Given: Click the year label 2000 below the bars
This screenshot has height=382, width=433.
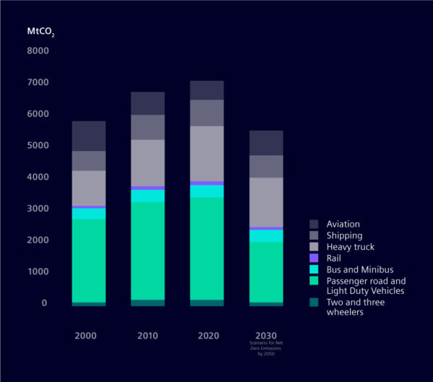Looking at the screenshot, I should pos(89,337).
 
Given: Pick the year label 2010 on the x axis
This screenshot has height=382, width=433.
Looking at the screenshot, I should pos(148,337).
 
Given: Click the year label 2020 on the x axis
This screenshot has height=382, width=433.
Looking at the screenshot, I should pos(206,337).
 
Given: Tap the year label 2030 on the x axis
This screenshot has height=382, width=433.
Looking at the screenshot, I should pos(266,337).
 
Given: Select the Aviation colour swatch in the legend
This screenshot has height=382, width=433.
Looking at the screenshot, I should pos(314,225).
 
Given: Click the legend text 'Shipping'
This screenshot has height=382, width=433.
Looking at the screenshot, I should pos(344,235).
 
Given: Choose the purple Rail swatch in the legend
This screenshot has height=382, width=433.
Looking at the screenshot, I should pos(314,257).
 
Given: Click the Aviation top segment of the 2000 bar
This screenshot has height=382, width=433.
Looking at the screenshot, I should pos(89,136).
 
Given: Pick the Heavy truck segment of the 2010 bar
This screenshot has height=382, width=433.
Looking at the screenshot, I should pos(148,162).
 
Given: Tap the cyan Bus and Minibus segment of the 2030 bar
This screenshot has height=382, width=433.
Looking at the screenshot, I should pos(266,235).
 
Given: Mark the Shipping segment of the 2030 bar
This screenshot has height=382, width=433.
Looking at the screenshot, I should pos(266,166).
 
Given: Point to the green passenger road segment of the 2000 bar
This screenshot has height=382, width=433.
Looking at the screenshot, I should pos(89,260).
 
